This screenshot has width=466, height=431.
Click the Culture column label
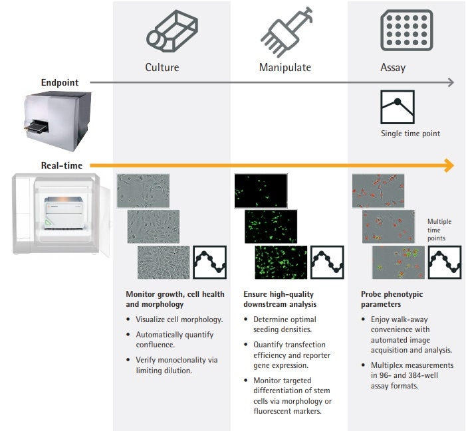162,67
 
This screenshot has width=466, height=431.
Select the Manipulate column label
285,67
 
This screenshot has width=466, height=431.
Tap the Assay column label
393,67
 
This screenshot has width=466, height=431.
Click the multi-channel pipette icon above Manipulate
285,29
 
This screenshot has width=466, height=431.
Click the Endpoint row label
60,83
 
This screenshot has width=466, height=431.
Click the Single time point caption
410,133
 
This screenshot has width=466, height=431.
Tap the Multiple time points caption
439,229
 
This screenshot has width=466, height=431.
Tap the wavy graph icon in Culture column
210,262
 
